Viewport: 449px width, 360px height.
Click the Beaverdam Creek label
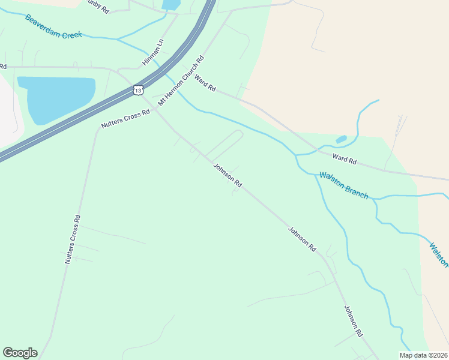pos(53,27)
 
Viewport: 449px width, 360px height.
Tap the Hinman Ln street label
pos(153,53)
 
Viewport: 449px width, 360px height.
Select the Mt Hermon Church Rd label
pos(181,81)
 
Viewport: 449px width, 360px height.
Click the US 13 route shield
pos(139,90)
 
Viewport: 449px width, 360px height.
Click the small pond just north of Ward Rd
pos(341,140)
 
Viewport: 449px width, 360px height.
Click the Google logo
pos(20,353)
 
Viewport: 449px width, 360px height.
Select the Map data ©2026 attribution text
pos(423,355)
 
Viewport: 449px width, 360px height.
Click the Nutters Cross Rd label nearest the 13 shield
pos(125,119)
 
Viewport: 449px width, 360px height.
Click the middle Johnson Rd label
pos(301,238)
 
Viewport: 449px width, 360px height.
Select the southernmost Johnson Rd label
pos(354,320)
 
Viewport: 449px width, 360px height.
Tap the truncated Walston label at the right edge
pos(439,254)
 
